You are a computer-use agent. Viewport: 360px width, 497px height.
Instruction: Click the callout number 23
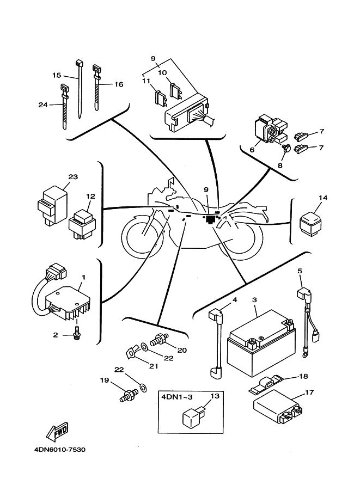point(74,177)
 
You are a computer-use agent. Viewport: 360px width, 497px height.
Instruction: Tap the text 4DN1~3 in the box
point(173,397)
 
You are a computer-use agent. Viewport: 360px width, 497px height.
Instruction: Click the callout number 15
point(56,76)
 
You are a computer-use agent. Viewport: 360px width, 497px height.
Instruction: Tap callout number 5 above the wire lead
point(299,271)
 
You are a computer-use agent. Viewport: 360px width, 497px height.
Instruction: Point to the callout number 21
point(153,367)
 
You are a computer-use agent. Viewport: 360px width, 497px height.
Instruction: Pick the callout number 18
point(304,376)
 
